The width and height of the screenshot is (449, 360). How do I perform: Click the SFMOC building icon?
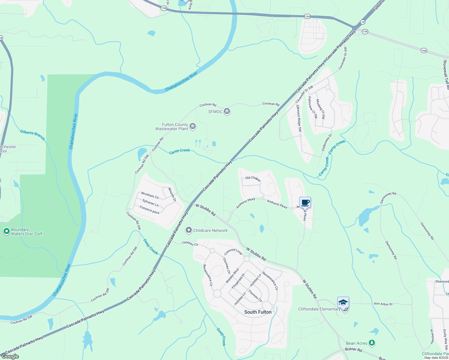click(x=227, y=112)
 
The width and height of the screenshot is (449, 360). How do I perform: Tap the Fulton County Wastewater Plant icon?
click(x=193, y=127)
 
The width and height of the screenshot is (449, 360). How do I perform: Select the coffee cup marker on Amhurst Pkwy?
click(x=305, y=202)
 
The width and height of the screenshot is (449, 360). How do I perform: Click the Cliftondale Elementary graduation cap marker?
click(x=343, y=303)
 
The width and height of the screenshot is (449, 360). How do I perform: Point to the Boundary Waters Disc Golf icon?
click(x=6, y=231)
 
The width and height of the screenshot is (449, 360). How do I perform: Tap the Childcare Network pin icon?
click(x=188, y=230)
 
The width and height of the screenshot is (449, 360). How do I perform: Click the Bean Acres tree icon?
click(x=372, y=343)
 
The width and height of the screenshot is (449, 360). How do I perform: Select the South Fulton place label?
click(x=258, y=312)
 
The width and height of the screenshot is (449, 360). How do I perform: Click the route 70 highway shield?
click(x=363, y=22)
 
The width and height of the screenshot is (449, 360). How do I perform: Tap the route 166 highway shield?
click(x=423, y=50)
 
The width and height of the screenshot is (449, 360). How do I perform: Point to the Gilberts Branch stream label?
click(x=32, y=135)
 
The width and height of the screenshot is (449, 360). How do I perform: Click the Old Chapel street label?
click(x=253, y=178)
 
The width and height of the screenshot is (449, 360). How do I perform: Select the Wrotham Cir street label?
click(x=150, y=196)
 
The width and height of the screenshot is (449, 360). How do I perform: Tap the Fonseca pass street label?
click(x=149, y=209)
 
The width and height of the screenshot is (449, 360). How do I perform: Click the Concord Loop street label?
click(x=233, y=251)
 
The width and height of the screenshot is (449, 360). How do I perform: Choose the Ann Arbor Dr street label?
click(x=383, y=304)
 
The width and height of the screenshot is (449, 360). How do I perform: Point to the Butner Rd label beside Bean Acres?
click(x=354, y=349)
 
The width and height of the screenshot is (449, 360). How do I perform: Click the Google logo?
click(x=10, y=356)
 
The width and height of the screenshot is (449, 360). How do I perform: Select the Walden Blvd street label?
click(x=232, y=276)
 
